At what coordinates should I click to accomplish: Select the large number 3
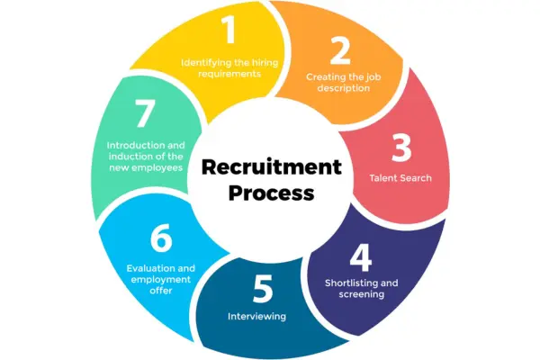(400, 146)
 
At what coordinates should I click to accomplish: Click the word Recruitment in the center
(271, 166)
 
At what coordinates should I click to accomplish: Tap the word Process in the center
(271, 192)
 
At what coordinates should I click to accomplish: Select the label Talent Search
(400, 177)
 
